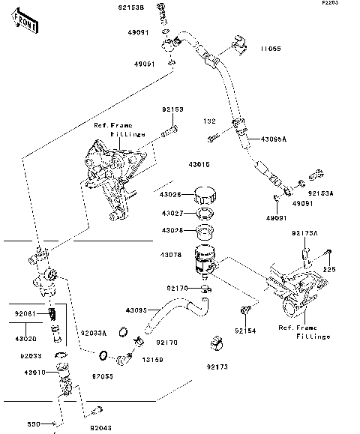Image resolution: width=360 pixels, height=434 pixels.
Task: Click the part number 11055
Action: [x=271, y=49]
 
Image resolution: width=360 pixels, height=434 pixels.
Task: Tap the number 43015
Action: [x=197, y=164]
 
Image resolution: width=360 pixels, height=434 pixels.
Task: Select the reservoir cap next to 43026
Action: [x=204, y=196]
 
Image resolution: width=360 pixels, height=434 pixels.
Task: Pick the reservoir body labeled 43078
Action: [x=205, y=258]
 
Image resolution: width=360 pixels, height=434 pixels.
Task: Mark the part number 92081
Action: [x=26, y=312]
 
